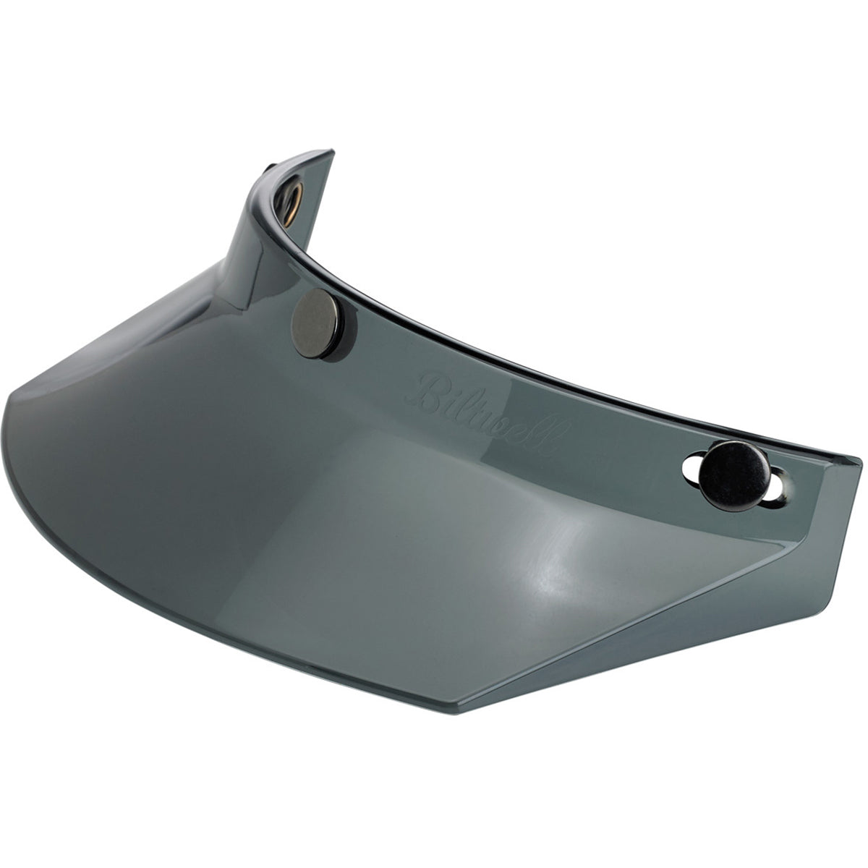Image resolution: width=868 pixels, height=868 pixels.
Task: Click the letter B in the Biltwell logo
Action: (x=435, y=383)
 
